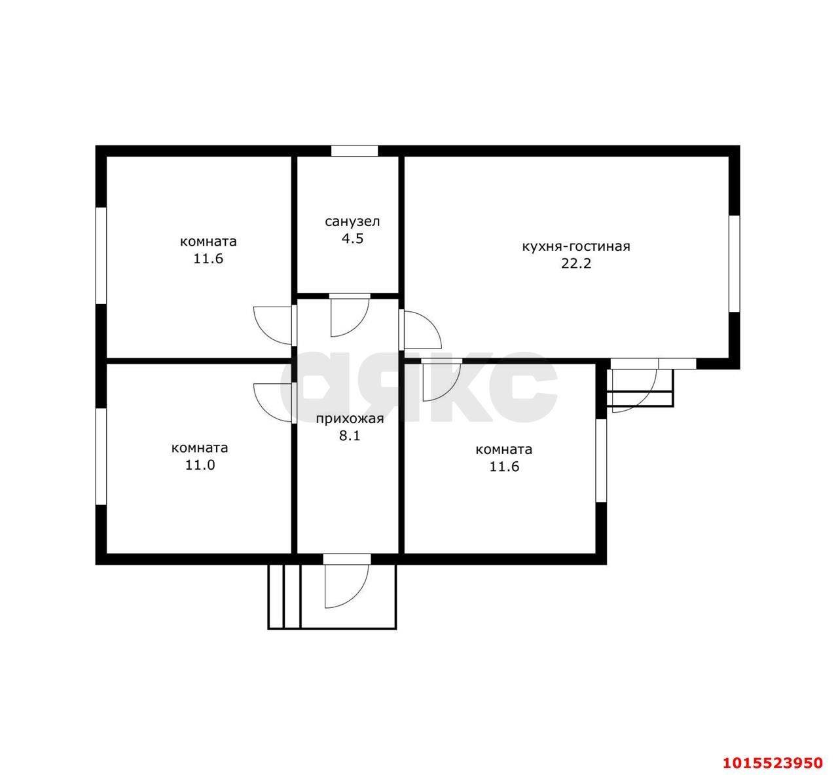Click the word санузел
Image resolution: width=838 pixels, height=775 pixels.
click(x=352, y=221)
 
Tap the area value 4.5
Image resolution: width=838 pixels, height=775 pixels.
click(x=352, y=238)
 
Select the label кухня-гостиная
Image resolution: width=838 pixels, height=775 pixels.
click(x=576, y=246)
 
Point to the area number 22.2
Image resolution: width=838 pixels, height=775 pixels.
click(x=576, y=263)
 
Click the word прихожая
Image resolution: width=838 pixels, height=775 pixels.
click(x=350, y=419)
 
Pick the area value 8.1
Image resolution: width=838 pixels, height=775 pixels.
click(x=350, y=436)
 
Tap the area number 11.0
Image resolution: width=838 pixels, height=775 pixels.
click(x=200, y=465)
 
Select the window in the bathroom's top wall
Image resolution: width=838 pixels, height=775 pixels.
click(x=354, y=151)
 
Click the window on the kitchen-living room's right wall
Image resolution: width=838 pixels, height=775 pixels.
click(x=734, y=264)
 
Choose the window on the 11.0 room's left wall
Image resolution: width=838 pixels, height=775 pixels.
click(x=101, y=456)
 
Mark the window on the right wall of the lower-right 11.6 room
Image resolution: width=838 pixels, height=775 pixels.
click(x=601, y=461)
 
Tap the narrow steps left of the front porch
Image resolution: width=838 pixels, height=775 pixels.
click(x=284, y=597)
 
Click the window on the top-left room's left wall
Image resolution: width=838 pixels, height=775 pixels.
click(x=101, y=255)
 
